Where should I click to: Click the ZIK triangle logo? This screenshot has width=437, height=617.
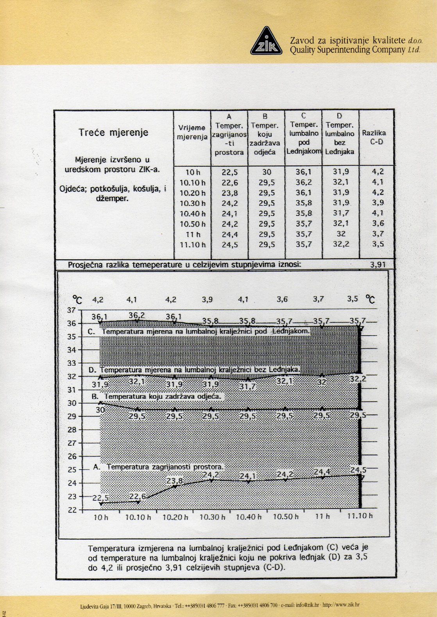tap(266, 42)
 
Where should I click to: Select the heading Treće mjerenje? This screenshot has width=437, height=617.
tap(113, 132)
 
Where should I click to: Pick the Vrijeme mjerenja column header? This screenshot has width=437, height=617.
tap(192, 132)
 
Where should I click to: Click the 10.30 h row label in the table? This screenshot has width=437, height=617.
tap(192, 203)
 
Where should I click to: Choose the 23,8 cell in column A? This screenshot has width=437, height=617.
tap(229, 193)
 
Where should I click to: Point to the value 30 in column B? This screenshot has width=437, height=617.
tap(266, 172)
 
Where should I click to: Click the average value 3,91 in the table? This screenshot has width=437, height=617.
tap(378, 265)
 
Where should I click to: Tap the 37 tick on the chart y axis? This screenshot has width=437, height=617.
tap(72, 310)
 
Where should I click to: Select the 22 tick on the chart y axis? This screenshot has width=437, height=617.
tap(72, 510)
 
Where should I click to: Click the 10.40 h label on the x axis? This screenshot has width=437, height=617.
tap(249, 517)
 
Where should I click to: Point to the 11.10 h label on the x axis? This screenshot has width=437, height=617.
tap(360, 516)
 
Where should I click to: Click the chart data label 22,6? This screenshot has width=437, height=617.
tap(138, 496)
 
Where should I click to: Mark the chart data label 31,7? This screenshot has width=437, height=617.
tap(247, 387)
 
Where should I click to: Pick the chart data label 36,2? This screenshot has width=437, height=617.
tap(136, 315)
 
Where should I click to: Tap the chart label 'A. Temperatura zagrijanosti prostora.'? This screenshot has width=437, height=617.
tap(158, 467)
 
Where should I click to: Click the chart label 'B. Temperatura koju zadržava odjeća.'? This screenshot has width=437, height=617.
tap(156, 396)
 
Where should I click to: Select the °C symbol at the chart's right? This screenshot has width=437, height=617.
tap(370, 300)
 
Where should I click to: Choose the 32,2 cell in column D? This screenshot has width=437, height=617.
tap(340, 245)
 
